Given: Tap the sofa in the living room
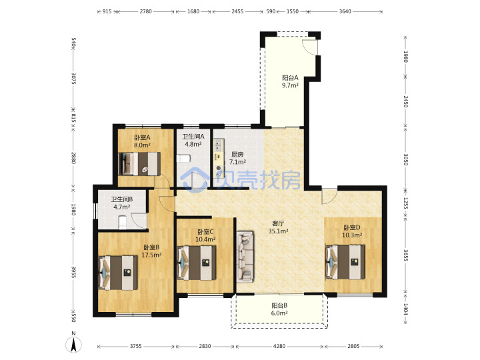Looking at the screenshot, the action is point(245,257).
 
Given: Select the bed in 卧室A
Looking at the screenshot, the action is point(139,164).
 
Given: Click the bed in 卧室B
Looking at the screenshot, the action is point(118,273).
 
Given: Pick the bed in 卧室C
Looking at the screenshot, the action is point(197,263).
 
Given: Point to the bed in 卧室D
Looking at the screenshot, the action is point(345,262).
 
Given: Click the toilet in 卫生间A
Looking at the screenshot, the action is point(184,159).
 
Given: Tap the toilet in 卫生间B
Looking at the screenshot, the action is point(123,223).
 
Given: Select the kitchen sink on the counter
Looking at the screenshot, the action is point(219,145).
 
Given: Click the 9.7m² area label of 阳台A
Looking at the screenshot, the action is point(290,85).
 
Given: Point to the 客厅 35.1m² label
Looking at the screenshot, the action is point(278,227).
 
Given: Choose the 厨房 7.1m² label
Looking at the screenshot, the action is point(237,158).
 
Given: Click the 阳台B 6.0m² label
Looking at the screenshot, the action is point(279,309).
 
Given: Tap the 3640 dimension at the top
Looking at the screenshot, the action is point(345,11).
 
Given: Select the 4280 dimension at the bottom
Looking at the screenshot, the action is point(279,346).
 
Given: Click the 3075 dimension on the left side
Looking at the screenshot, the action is point(73,78).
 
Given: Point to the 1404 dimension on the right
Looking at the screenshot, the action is point(405,309).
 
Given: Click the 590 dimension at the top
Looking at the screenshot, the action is point(271,11).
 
